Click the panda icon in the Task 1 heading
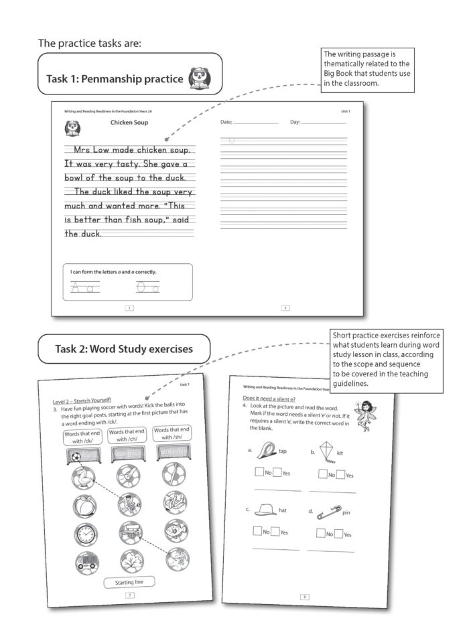coord(198,78)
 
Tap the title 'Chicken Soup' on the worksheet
coord(129,123)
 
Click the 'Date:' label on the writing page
coord(227,123)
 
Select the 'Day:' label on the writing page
coord(295,123)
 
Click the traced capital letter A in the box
coord(78,287)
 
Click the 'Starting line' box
coord(129,581)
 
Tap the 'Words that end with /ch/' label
coord(127,435)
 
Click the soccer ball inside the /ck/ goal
coord(76,458)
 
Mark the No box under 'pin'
coord(321,532)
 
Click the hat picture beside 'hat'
coord(266,509)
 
